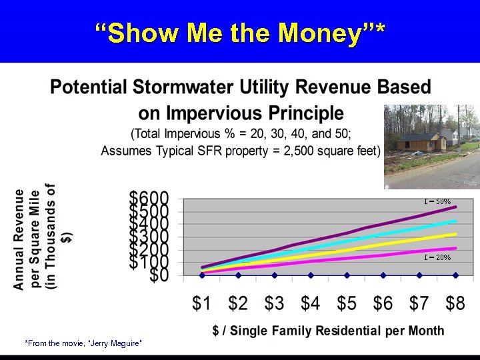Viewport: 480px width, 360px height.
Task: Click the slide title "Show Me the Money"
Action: pyautogui.click(x=240, y=31)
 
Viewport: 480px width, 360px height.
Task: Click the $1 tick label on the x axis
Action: pyautogui.click(x=202, y=304)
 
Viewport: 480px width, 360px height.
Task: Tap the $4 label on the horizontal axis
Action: pyautogui.click(x=310, y=304)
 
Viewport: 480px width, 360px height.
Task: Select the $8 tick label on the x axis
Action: pyautogui.click(x=455, y=304)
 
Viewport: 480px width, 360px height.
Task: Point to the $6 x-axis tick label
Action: pyautogui.click(x=383, y=304)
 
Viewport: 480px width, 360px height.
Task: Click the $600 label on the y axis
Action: pyautogui.click(x=149, y=199)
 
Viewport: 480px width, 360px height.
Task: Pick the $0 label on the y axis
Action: pyautogui.click(x=159, y=275)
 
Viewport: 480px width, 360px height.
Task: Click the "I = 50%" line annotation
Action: pyautogui.click(x=437, y=201)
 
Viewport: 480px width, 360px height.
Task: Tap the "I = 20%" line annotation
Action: pyautogui.click(x=437, y=257)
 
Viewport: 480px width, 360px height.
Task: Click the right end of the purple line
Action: pyautogui.click(x=456, y=207)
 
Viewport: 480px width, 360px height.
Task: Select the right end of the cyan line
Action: pyautogui.click(x=456, y=221)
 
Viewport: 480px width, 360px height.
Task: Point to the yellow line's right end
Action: pyautogui.click(x=456, y=234)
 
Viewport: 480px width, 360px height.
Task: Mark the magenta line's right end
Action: pyautogui.click(x=456, y=248)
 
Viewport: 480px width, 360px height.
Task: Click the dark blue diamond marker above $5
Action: pyautogui.click(x=347, y=275)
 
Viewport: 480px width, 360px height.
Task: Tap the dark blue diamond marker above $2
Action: pyautogui.click(x=239, y=275)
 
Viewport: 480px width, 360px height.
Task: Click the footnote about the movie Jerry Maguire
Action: pyautogui.click(x=83, y=343)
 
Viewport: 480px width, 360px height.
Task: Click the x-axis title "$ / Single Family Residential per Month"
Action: pyautogui.click(x=328, y=330)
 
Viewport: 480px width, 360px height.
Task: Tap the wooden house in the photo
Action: pyautogui.click(x=419, y=141)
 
